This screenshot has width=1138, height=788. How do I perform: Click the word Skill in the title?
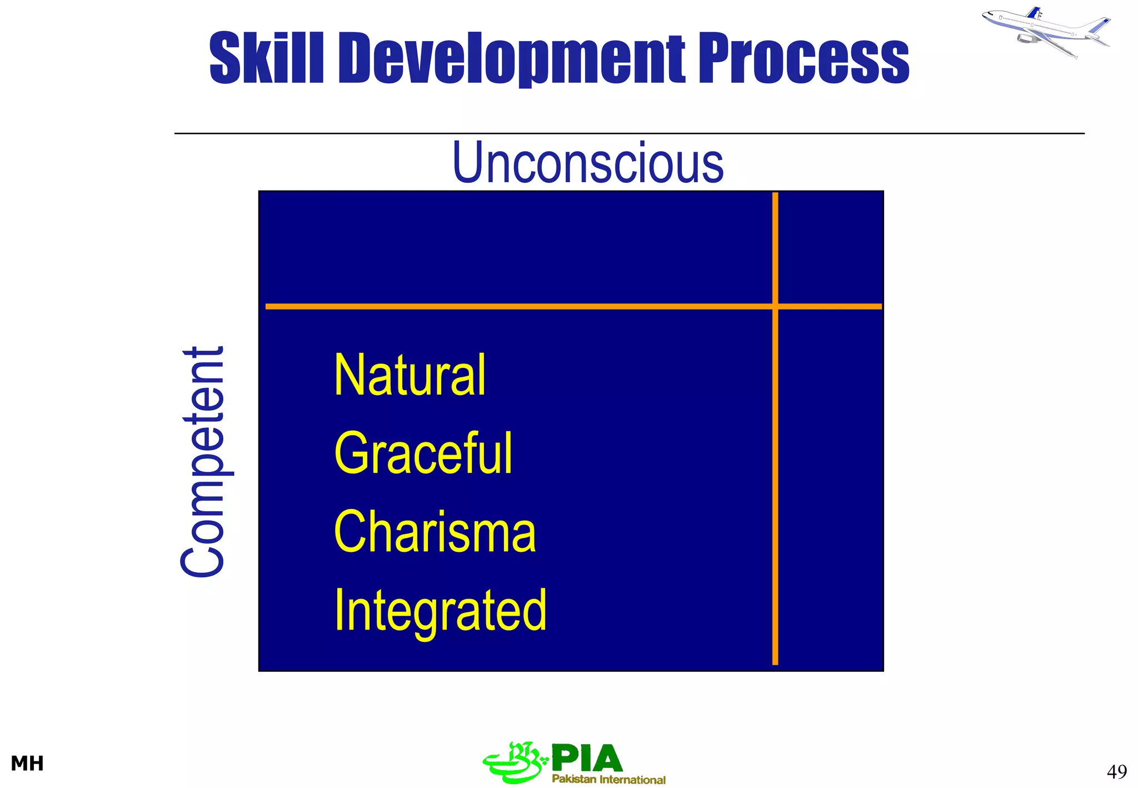[266, 58]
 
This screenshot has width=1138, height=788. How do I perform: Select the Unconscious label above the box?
[588, 162]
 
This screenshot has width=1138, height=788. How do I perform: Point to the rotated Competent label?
[203, 461]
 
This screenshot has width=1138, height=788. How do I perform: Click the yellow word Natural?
[410, 376]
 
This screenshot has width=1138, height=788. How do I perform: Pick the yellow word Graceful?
[423, 454]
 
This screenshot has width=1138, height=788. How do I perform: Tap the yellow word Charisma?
[435, 532]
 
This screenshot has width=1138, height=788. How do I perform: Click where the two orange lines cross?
[775, 306]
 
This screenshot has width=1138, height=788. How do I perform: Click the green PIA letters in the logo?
[587, 759]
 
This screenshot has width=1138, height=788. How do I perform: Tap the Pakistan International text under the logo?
[608, 779]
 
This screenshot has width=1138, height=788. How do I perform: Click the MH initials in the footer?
[27, 764]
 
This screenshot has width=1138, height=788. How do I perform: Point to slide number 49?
[1116, 771]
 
